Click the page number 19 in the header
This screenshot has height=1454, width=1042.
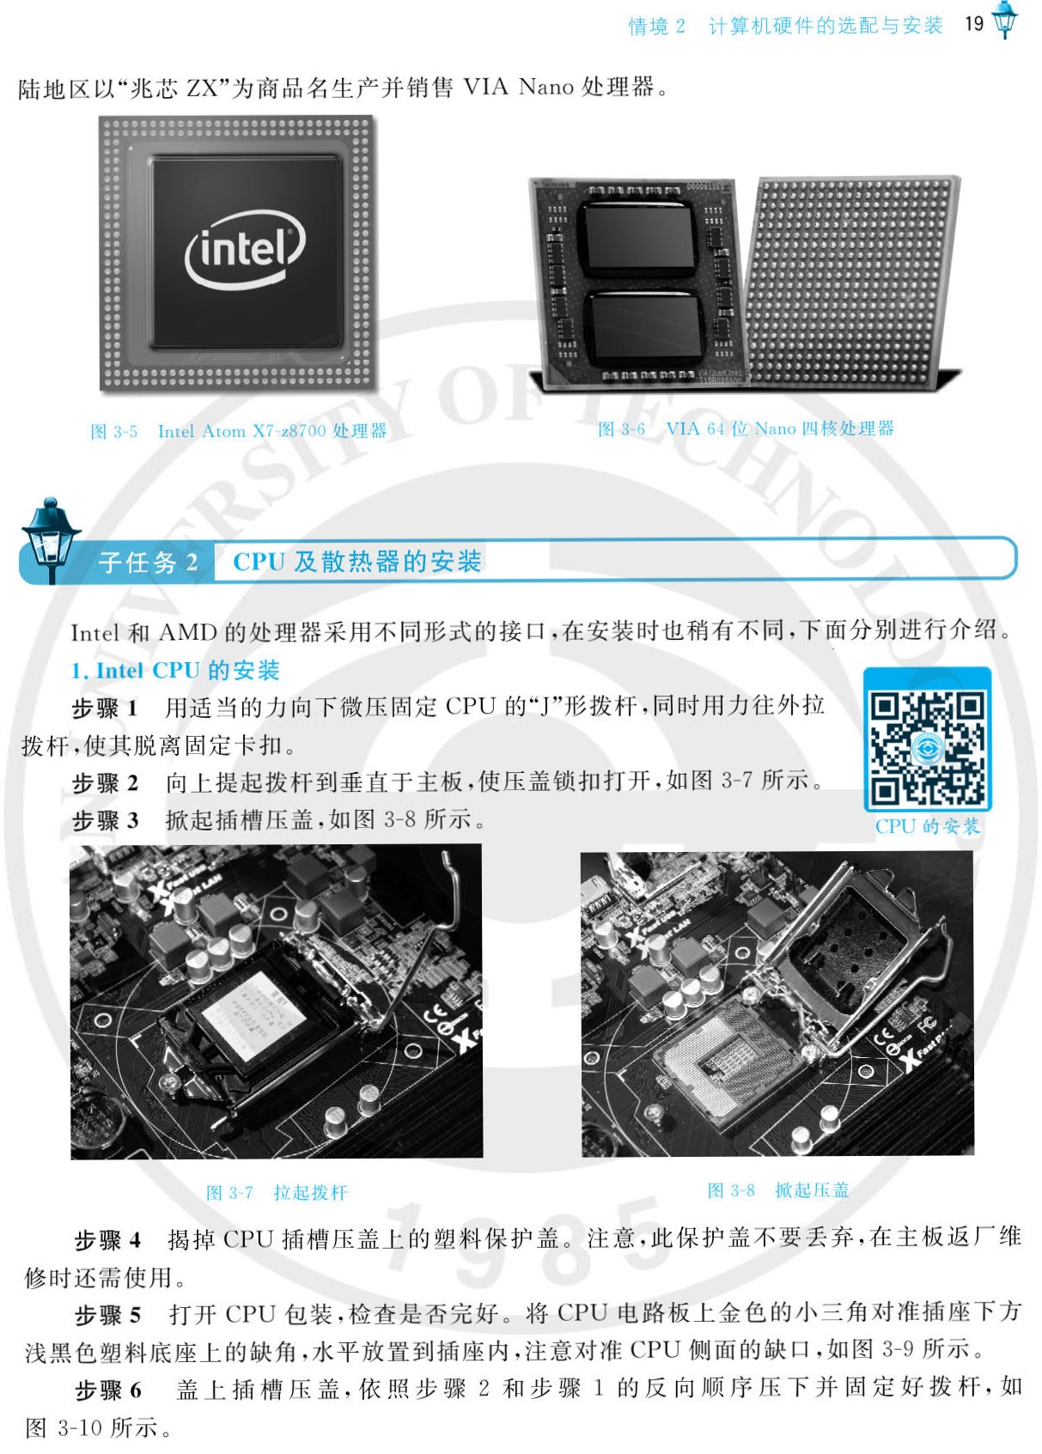pyautogui.click(x=974, y=24)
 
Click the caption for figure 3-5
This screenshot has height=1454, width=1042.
pyautogui.click(x=239, y=432)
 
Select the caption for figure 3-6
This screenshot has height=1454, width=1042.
pyautogui.click(x=746, y=429)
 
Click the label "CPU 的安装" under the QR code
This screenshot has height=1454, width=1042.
pyautogui.click(x=927, y=827)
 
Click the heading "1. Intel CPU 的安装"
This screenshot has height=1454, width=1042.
pyautogui.click(x=175, y=671)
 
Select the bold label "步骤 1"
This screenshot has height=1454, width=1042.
pyautogui.click(x=105, y=708)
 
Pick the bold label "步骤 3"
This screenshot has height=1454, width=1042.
pyautogui.click(x=105, y=820)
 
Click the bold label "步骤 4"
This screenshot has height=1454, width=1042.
pyautogui.click(x=107, y=1239)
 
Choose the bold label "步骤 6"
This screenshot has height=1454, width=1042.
pyautogui.click(x=107, y=1389)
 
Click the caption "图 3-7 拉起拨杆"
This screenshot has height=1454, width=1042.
pyautogui.click(x=277, y=1192)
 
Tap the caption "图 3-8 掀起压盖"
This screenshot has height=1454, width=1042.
pyautogui.click(x=777, y=1189)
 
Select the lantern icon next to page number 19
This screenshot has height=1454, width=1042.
pyautogui.click(x=1005, y=20)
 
